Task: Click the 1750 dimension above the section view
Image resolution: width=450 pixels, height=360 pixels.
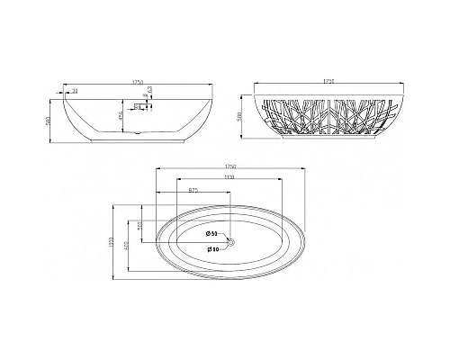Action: click(137, 84)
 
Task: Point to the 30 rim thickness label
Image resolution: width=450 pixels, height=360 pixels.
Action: click(74, 91)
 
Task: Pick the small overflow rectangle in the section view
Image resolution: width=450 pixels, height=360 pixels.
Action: click(140, 106)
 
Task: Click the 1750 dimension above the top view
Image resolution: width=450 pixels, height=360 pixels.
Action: click(230, 166)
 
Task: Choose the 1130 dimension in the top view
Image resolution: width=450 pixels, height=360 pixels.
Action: click(230, 177)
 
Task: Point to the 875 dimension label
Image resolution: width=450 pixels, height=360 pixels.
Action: click(193, 190)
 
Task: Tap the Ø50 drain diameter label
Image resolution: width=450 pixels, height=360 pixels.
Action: click(211, 234)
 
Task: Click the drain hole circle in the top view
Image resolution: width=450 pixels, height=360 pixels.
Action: click(230, 241)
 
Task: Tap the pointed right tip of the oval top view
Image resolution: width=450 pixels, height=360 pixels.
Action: click(306, 241)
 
